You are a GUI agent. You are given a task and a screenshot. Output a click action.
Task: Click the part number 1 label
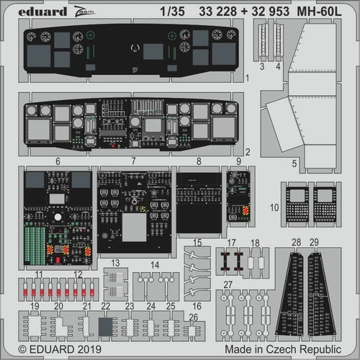[247, 78]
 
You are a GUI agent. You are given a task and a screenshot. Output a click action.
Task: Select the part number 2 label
[247, 152]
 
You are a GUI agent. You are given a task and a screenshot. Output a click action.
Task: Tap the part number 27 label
[228, 286]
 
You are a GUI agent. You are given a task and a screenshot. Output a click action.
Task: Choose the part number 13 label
[114, 264]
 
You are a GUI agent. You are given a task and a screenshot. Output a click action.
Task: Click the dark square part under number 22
[106, 328]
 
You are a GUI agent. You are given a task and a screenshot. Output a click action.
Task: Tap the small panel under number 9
[238, 194]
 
